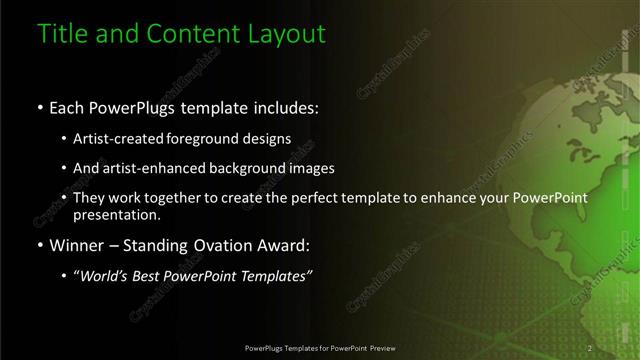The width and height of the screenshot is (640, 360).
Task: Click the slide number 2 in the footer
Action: (x=590, y=348)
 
